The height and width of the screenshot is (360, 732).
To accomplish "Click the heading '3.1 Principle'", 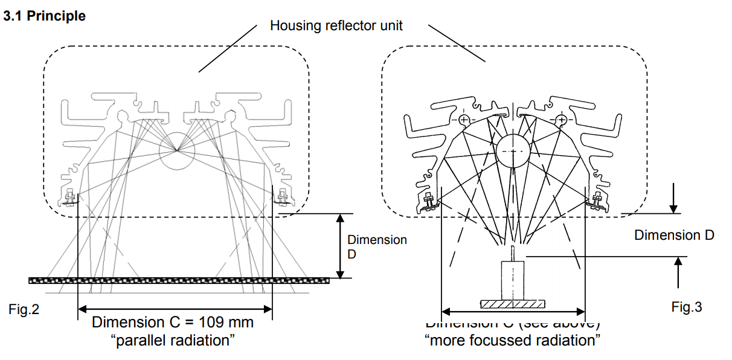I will pos(45,16).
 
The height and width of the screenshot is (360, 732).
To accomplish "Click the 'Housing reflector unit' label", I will pos(336,26).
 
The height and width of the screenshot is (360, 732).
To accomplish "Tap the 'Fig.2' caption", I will pos(24,310).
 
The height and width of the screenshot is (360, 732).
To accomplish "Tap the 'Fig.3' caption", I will pos(687,307).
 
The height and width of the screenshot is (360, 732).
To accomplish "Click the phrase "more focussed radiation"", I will pos(513,340).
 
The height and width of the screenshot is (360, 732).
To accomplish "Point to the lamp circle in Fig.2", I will pos(177,151).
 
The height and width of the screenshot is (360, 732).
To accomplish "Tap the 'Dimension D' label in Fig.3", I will pos(674,235).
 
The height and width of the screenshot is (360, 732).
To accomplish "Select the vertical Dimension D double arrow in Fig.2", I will pos(341,246).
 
